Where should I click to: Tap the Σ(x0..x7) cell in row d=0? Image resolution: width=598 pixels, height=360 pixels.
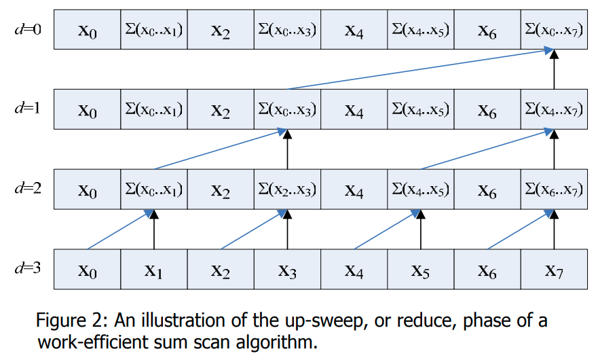[555, 30]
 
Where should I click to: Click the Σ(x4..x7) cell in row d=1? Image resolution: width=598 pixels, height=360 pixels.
[555, 109]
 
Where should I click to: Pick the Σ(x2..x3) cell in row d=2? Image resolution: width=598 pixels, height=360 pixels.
[287, 190]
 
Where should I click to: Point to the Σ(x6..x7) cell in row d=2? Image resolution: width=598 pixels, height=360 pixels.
[555, 190]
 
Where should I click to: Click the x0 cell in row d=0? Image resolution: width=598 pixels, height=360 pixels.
[87, 31]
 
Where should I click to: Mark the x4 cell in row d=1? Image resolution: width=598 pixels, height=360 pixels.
[354, 110]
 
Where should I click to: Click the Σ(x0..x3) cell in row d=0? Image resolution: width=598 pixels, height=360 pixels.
[287, 30]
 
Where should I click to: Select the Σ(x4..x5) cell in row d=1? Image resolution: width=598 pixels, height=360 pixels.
[421, 109]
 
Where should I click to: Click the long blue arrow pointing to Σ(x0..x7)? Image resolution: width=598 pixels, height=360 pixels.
[417, 69]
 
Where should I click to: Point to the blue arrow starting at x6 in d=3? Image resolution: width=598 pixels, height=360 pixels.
[519, 230]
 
